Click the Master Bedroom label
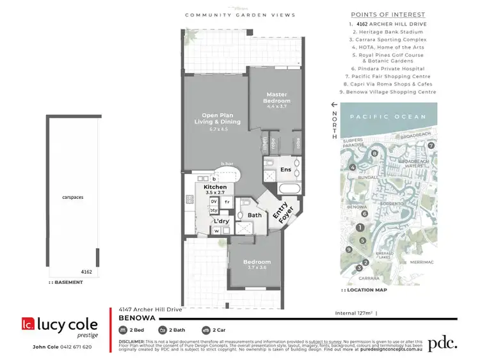[278, 98]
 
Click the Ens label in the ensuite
[285, 170]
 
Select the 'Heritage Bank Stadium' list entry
[388, 31]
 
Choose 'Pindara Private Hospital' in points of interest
[388, 68]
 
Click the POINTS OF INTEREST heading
[388, 15]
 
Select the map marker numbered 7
[431, 146]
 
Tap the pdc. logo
[443, 342]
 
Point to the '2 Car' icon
[206, 330]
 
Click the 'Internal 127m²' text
[355, 313]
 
